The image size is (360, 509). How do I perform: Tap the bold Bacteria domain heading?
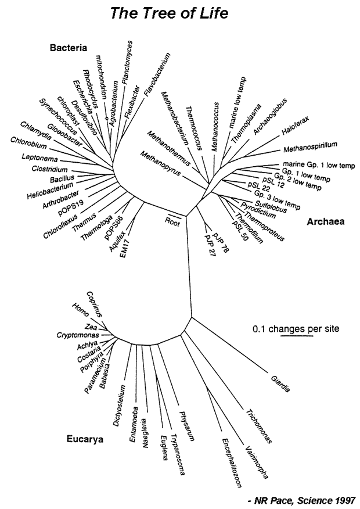[x=68, y=48]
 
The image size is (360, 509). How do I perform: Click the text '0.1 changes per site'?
[x=296, y=329]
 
